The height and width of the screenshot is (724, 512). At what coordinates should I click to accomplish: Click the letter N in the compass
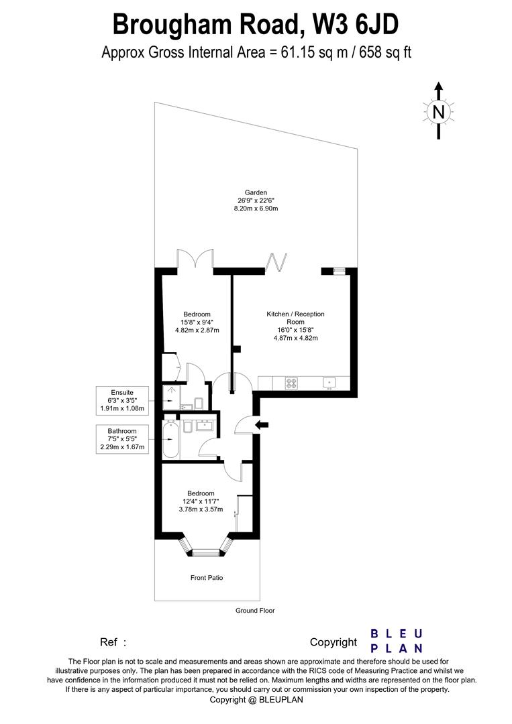click(x=438, y=112)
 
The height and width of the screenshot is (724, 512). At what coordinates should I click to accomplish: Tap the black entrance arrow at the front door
click(x=262, y=424)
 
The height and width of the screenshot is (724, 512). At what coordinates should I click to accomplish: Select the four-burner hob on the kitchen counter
click(x=292, y=383)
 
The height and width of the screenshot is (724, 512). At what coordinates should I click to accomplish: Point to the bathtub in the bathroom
click(x=171, y=440)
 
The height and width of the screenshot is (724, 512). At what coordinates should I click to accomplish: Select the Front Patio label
click(x=206, y=577)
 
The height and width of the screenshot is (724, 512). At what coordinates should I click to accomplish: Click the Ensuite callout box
click(x=123, y=400)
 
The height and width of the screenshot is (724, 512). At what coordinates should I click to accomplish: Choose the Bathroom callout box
click(x=123, y=439)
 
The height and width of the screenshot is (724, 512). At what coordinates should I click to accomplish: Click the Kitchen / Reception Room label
click(x=295, y=318)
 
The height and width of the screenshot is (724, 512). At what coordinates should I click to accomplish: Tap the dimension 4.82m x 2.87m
click(x=197, y=330)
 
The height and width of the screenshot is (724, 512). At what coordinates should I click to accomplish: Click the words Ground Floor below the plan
click(x=255, y=611)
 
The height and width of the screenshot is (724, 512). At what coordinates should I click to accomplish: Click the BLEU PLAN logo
click(x=397, y=640)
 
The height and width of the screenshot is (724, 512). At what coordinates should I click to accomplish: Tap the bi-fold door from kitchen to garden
click(x=276, y=261)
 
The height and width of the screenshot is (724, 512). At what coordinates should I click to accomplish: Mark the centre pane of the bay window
click(x=206, y=553)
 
